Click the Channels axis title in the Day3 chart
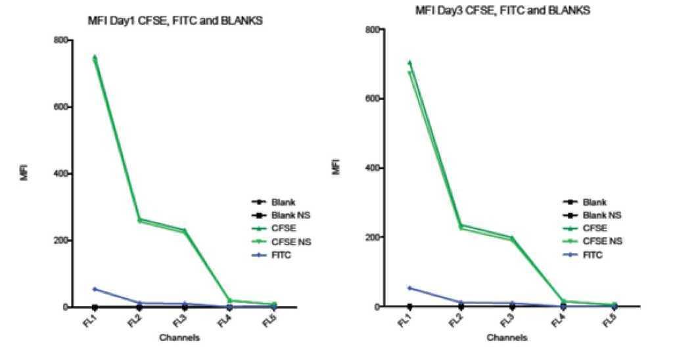(x=506, y=338)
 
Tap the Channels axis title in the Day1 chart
(x=180, y=338)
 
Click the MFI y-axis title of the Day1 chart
(x=25, y=173)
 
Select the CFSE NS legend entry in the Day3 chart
(x=602, y=241)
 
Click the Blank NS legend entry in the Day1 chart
(x=287, y=215)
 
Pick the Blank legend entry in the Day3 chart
(x=594, y=202)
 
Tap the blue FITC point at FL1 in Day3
(x=410, y=288)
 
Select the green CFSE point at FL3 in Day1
(x=185, y=231)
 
